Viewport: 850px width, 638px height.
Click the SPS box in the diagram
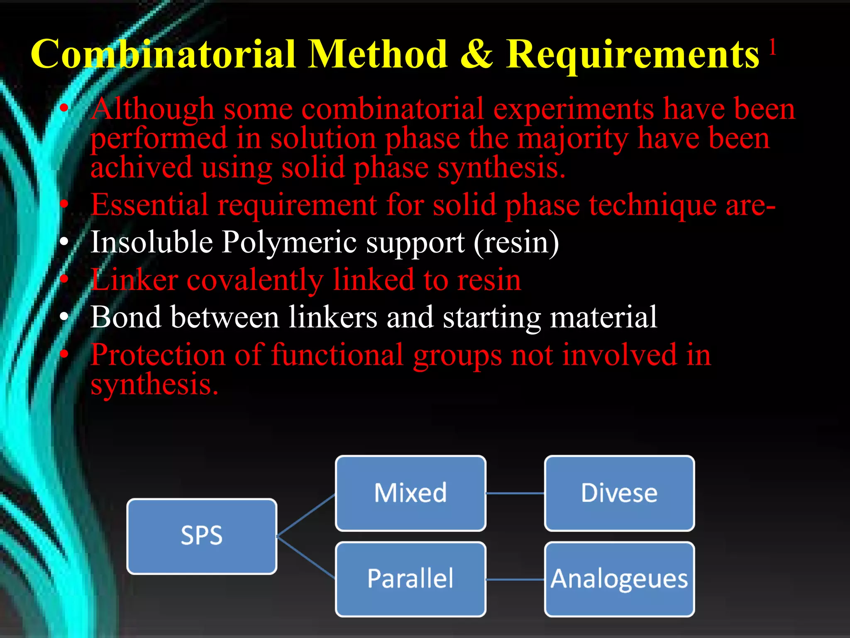click(202, 536)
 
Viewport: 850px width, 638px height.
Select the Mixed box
click(410, 493)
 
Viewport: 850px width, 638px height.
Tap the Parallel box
click(410, 579)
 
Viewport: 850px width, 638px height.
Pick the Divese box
click(619, 493)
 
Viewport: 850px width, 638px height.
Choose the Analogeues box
click(619, 579)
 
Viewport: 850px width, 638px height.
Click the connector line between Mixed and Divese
click(515, 493)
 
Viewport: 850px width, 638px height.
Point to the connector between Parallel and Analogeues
click(515, 579)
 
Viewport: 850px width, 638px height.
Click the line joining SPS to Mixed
click(306, 515)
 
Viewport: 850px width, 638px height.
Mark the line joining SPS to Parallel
click(306, 557)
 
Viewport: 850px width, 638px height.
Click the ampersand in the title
click(477, 54)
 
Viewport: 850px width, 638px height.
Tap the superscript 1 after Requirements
click(772, 47)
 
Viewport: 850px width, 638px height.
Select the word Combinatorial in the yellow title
click(163, 54)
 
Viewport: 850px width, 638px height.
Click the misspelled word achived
click(141, 167)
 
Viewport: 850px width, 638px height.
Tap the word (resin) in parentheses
click(516, 243)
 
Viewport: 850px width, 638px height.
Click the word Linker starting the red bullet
click(134, 280)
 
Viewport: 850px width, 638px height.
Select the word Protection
click(158, 355)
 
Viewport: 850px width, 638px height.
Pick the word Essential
click(149, 205)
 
